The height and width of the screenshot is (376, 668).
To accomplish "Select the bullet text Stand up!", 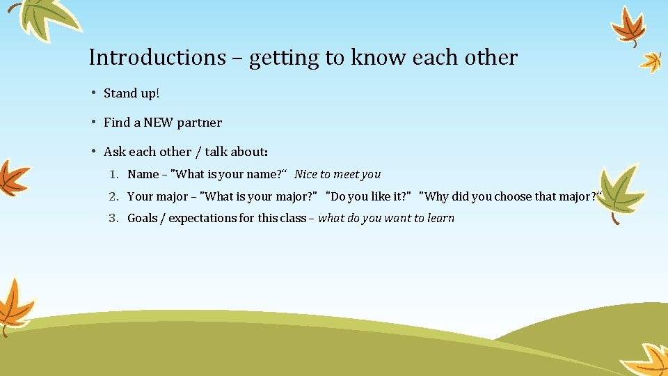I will [x=132, y=93].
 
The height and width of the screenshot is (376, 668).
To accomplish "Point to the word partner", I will [x=200, y=123].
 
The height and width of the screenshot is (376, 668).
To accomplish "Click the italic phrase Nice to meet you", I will [x=337, y=174].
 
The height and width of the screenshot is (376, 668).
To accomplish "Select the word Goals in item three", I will [x=143, y=218].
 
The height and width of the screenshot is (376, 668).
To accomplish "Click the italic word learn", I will [x=440, y=218].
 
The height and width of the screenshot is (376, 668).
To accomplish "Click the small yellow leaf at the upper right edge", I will [x=651, y=61].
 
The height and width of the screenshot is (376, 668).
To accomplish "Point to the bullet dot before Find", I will [x=93, y=123].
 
